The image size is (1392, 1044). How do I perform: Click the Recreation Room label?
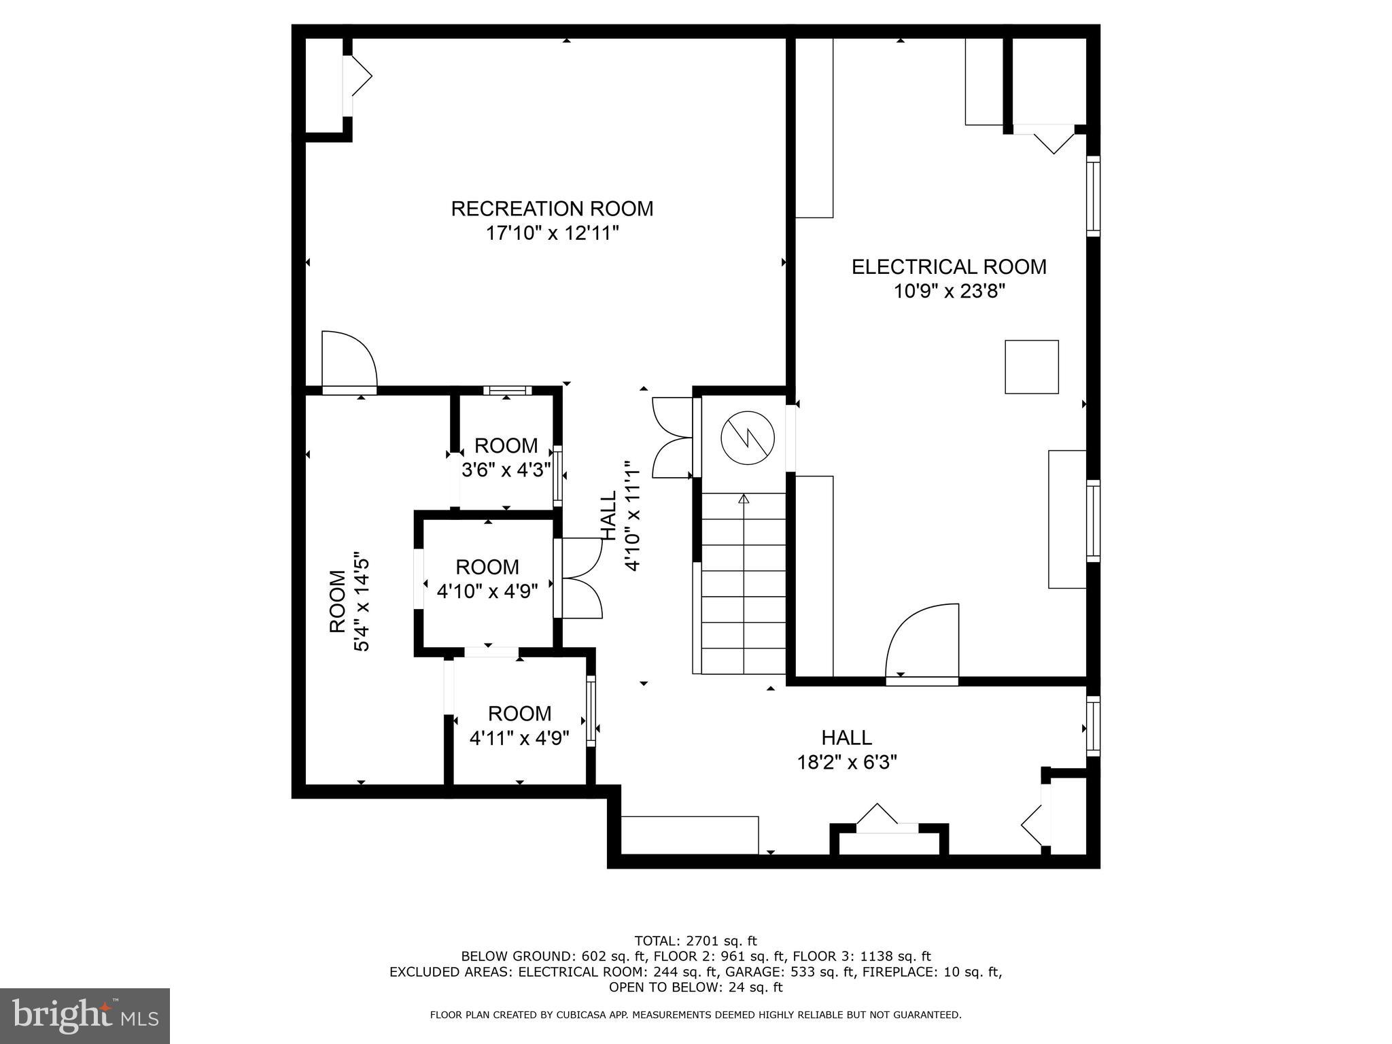(x=552, y=209)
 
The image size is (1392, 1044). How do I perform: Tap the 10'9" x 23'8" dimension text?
(x=949, y=292)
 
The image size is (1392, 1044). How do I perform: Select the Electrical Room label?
(x=949, y=266)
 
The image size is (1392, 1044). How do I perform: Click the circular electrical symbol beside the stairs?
(x=748, y=437)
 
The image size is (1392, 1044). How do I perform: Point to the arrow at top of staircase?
(x=744, y=499)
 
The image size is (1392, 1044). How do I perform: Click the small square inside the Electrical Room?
(x=1031, y=366)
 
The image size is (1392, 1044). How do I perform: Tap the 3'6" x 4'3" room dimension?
(x=506, y=470)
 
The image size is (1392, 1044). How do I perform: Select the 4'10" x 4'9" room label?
(x=487, y=579)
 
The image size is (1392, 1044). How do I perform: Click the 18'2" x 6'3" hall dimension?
(x=847, y=763)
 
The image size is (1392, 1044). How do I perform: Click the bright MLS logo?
(x=85, y=1015)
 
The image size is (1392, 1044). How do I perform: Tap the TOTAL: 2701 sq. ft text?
(x=695, y=941)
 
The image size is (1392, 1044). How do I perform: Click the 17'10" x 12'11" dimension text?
(x=552, y=234)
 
